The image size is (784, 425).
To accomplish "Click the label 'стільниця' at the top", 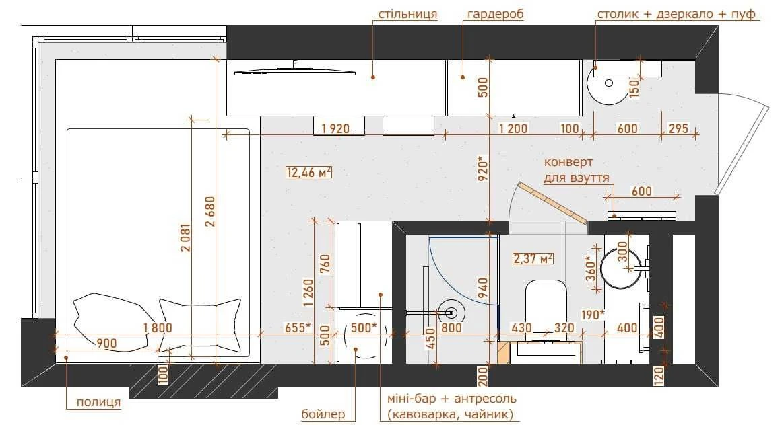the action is click(x=407, y=14).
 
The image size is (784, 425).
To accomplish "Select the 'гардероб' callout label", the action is click(x=495, y=14).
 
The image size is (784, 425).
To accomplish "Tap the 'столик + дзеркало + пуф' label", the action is click(x=676, y=14).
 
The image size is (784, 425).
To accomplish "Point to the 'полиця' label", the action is click(x=98, y=402).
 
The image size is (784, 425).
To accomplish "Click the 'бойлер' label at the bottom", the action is click(x=323, y=414).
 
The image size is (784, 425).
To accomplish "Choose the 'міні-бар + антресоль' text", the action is click(x=451, y=399).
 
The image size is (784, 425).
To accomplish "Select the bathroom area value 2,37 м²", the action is click(x=533, y=258).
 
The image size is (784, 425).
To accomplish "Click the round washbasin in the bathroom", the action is click(x=620, y=269).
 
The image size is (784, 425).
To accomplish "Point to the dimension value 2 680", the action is click(x=211, y=211).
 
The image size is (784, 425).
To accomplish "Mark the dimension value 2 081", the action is click(x=185, y=237).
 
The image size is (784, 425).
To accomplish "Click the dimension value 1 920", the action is click(x=335, y=129).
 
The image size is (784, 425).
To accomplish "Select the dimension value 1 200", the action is click(x=513, y=128).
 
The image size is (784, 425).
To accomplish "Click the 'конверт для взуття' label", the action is click(x=577, y=170).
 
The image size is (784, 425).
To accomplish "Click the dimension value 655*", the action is click(x=298, y=327).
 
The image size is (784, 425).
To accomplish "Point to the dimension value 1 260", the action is click(x=308, y=293).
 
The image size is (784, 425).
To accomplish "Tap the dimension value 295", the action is click(x=678, y=128).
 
